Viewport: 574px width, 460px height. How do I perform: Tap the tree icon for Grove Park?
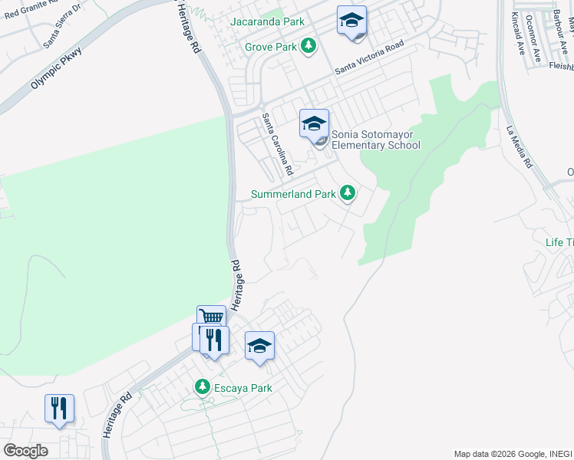click(308, 46)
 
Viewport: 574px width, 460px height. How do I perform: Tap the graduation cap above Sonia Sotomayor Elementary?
click(314, 123)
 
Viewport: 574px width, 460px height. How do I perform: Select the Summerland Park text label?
click(293, 194)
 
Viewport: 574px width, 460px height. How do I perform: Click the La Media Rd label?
click(519, 147)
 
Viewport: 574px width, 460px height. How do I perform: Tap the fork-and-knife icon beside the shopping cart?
click(214, 340)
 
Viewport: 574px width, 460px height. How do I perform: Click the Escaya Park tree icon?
click(203, 386)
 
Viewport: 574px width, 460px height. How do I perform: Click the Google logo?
click(25, 451)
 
